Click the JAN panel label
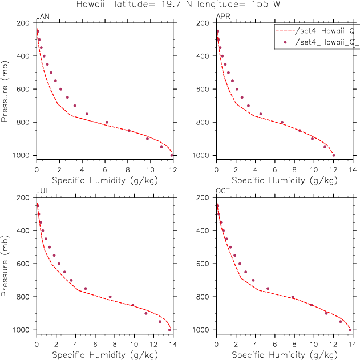42,17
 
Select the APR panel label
223,17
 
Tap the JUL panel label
42,192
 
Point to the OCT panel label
223,192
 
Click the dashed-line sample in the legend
284,31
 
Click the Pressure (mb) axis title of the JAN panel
6,89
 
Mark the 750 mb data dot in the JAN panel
87,114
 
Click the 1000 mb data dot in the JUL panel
169,330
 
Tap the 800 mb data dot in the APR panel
282,122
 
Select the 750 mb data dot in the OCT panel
268,289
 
